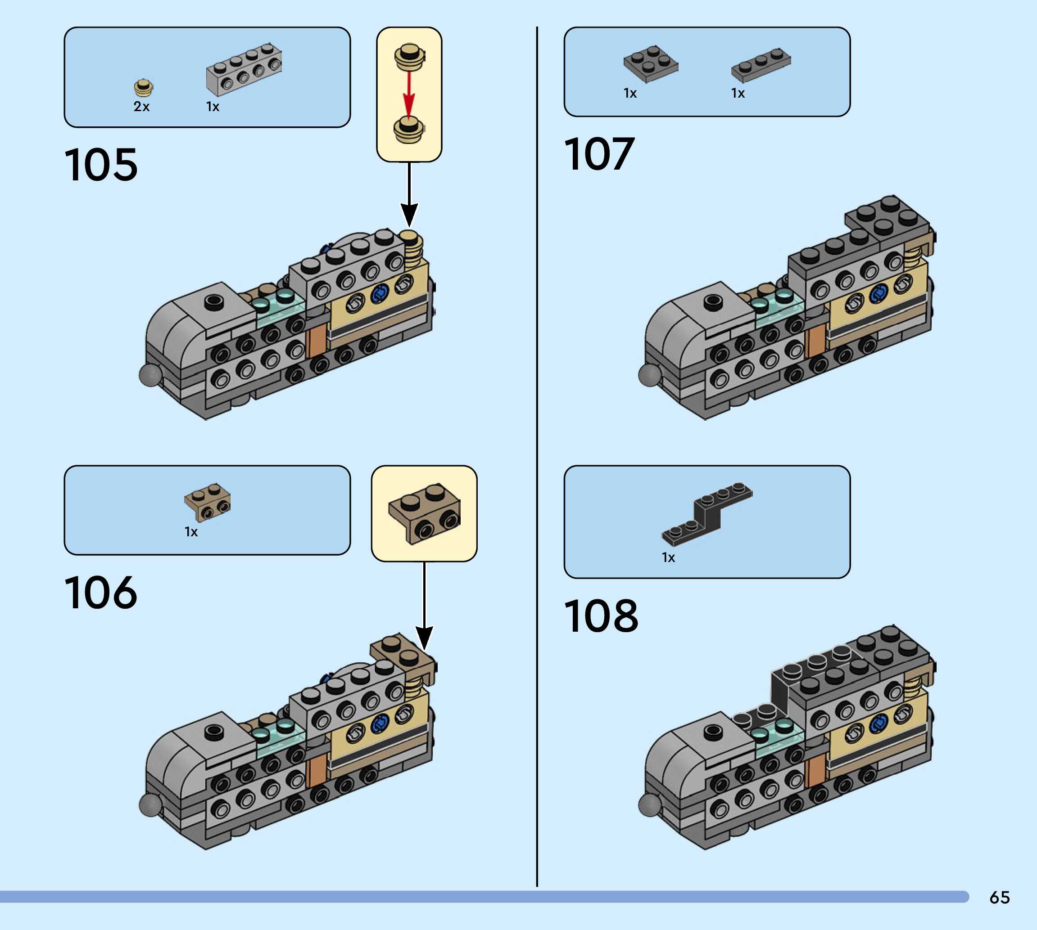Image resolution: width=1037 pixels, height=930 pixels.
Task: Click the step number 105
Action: (101, 165)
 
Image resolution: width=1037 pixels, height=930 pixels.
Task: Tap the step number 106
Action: (101, 592)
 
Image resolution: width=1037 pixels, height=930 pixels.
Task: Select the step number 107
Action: (599, 154)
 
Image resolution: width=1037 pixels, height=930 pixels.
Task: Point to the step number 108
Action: (601, 616)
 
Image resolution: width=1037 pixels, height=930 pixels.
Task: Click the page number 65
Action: (1000, 897)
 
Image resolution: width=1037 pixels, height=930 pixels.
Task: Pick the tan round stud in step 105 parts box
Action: (144, 88)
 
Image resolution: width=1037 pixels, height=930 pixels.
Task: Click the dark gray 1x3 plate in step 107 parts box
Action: (761, 65)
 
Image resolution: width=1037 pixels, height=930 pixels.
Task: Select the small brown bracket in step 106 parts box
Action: (208, 502)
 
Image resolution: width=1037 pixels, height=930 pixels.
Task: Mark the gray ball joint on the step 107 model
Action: (649, 374)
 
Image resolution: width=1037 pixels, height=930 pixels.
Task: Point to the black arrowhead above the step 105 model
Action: (408, 215)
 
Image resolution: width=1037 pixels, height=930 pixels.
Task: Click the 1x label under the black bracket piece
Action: (668, 557)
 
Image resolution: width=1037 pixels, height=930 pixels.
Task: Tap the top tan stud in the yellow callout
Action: (408, 56)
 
